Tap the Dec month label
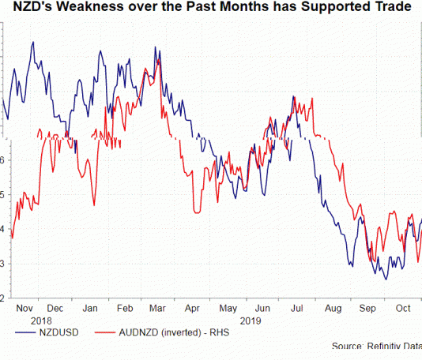(56, 309)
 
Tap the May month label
(228, 309)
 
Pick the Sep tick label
(367, 309)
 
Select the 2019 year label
(251, 321)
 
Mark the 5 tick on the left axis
(3, 194)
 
